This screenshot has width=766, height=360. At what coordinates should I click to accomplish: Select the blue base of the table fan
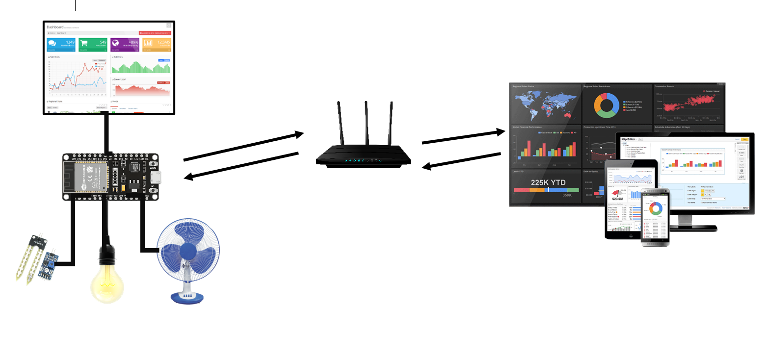[186, 297]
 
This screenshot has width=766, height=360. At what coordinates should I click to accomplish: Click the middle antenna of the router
[366, 123]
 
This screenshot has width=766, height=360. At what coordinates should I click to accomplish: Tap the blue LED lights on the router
[364, 160]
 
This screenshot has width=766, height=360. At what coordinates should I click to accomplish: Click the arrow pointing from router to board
[241, 166]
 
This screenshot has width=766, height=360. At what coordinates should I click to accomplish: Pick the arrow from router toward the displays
[463, 137]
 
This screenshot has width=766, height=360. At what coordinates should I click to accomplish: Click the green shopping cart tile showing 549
[93, 44]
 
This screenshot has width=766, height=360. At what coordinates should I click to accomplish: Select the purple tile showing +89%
[125, 44]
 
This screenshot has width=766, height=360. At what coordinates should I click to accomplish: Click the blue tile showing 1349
[61, 44]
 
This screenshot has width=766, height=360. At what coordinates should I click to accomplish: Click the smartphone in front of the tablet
[655, 216]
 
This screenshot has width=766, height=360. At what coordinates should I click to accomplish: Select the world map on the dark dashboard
[545, 105]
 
